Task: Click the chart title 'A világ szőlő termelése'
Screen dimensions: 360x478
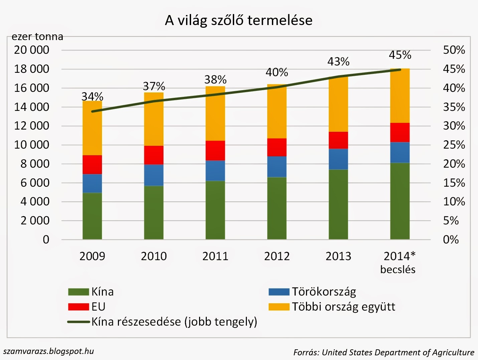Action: pos(238,20)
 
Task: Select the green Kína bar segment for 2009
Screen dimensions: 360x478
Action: pos(92,216)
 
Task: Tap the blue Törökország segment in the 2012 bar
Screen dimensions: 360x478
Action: pos(277,167)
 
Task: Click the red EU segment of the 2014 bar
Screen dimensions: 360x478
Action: pos(400,132)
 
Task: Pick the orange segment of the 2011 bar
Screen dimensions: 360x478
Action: pos(215,114)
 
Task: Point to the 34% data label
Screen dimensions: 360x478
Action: pos(92,97)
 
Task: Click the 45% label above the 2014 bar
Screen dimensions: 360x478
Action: pos(400,55)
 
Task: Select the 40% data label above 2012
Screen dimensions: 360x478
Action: pos(277,72)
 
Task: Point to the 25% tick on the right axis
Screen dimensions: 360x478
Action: pos(454,145)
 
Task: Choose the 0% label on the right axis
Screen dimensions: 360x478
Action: pos(451,239)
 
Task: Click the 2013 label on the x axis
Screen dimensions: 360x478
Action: pos(338,256)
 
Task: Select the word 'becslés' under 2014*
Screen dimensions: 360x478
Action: pos(397,269)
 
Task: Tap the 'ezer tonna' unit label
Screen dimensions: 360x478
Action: pos(37,36)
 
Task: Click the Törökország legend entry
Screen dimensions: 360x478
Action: pos(324,292)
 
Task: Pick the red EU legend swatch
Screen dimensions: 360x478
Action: pos(78,307)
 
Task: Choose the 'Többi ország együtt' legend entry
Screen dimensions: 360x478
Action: pos(343,307)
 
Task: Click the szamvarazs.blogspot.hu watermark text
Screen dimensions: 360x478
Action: pos(49,351)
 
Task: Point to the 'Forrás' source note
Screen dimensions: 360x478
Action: pos(383,352)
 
